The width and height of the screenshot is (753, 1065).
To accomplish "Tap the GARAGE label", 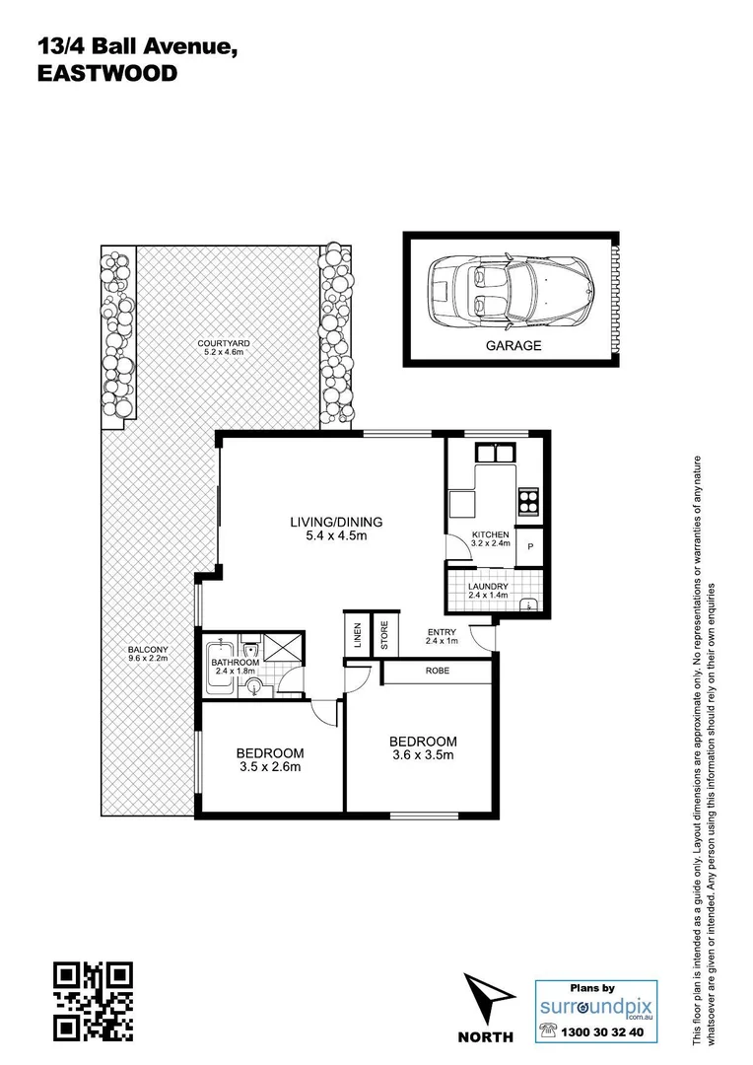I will pyautogui.click(x=513, y=346).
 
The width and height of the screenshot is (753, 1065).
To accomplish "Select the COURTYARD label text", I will pyautogui.click(x=226, y=342).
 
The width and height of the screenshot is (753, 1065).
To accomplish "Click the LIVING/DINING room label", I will pyautogui.click(x=335, y=523).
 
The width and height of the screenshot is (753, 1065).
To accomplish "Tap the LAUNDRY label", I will pyautogui.click(x=489, y=586).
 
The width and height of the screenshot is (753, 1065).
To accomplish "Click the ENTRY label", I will pyautogui.click(x=440, y=633).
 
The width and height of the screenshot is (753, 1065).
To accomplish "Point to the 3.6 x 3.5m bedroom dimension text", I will pyautogui.click(x=423, y=756).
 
